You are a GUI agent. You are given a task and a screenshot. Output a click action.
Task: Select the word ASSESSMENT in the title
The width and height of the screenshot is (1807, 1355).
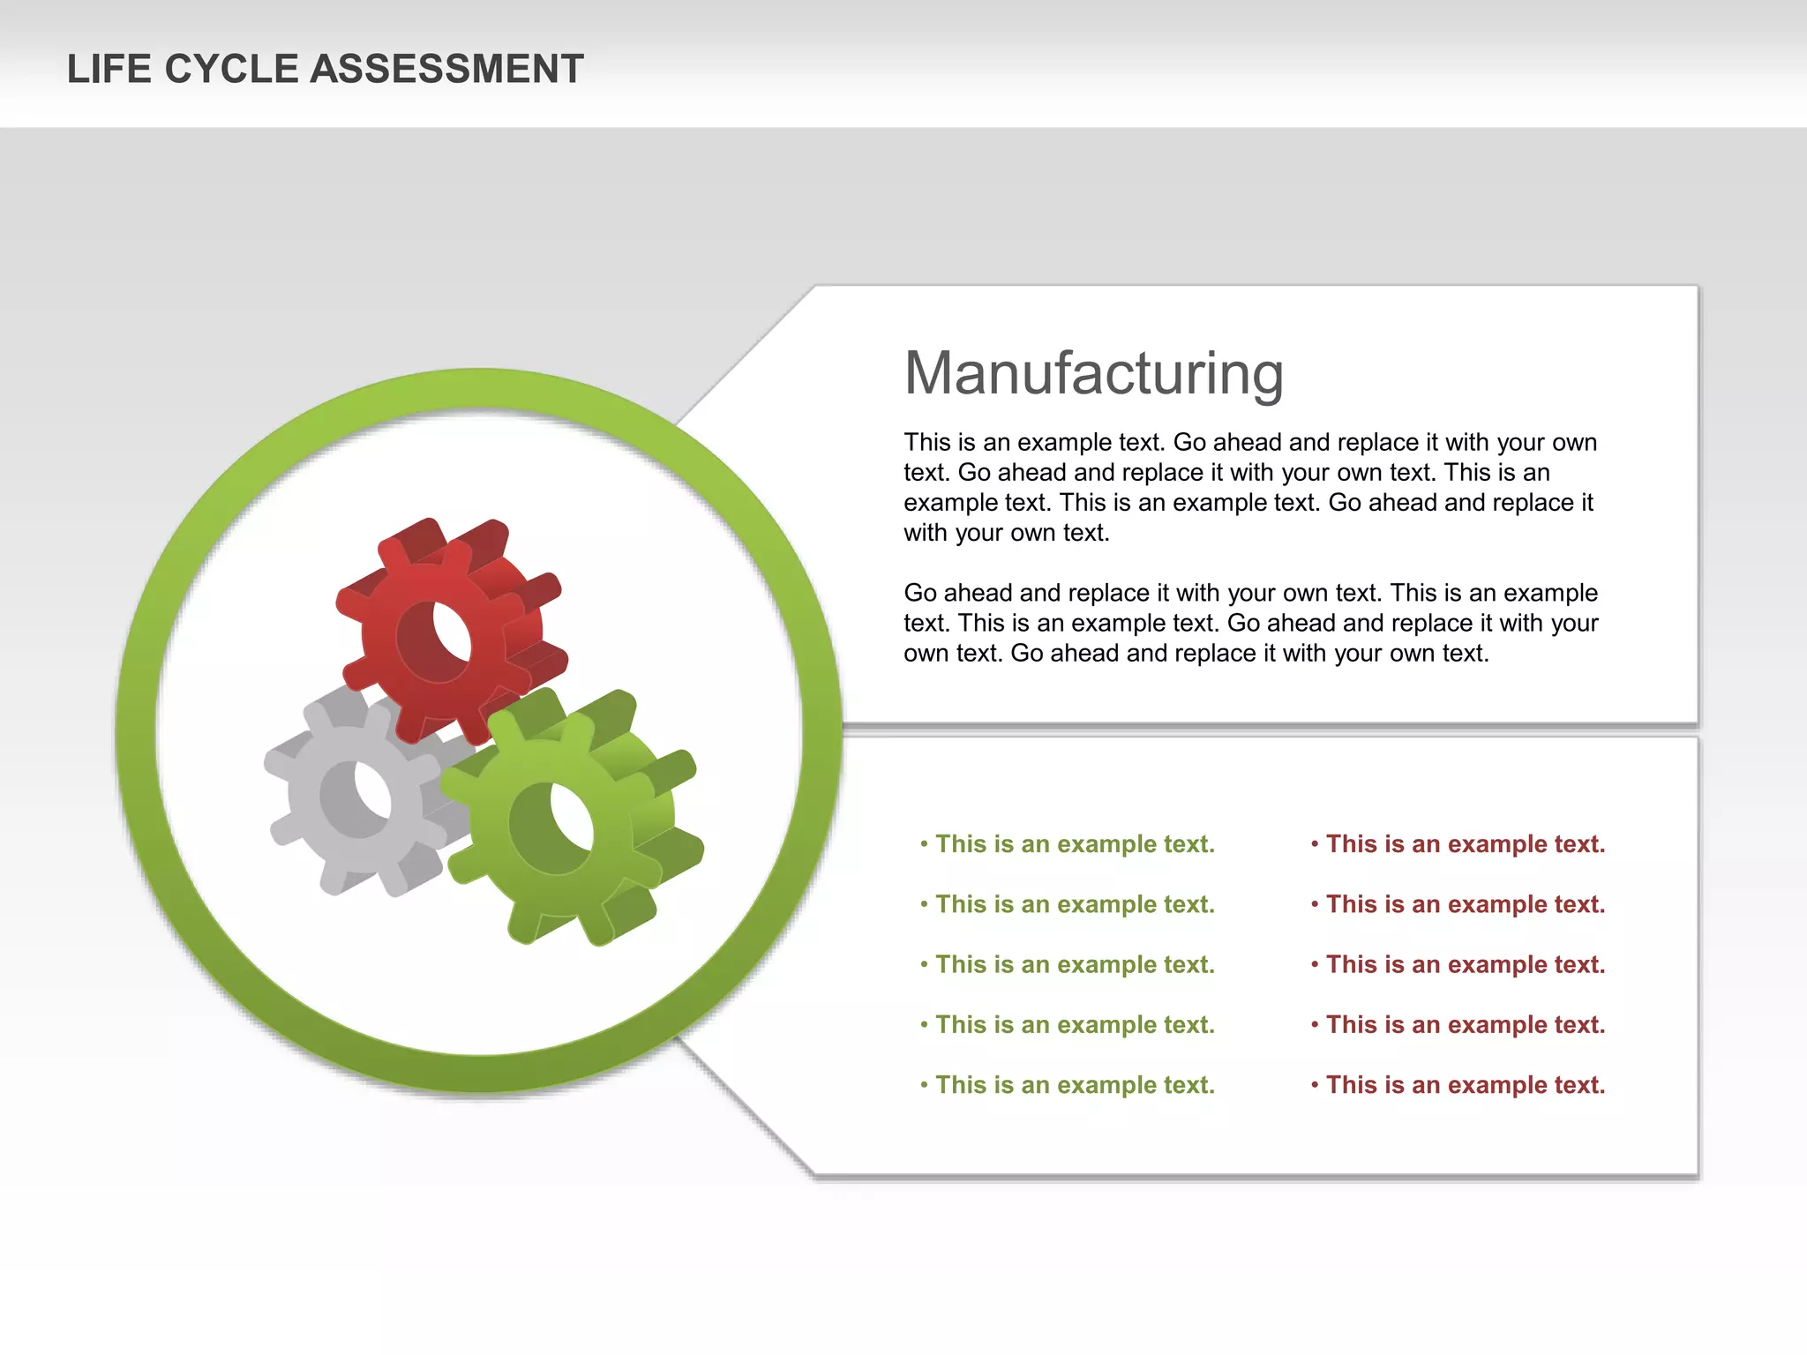coord(447,69)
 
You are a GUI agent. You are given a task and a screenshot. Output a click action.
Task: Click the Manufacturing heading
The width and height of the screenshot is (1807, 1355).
coord(1093,373)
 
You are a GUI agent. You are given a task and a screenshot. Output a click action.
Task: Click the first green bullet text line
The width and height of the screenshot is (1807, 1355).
coord(1075,844)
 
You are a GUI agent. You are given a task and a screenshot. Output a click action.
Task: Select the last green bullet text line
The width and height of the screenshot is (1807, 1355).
coord(1075,1085)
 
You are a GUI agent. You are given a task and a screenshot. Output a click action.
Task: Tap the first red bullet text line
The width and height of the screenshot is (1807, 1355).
coord(1466,844)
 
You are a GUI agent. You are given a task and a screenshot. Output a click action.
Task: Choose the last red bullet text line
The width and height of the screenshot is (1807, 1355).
coord(1466,1085)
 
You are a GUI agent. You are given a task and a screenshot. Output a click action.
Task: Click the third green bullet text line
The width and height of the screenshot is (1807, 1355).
coord(1075,964)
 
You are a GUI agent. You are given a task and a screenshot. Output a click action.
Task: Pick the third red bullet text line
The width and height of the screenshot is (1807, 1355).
coord(1466,964)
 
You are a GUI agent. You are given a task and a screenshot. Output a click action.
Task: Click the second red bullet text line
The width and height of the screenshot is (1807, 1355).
coord(1466,904)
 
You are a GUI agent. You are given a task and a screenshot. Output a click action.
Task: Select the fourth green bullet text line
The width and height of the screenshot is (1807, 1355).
coord(1075,1025)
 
